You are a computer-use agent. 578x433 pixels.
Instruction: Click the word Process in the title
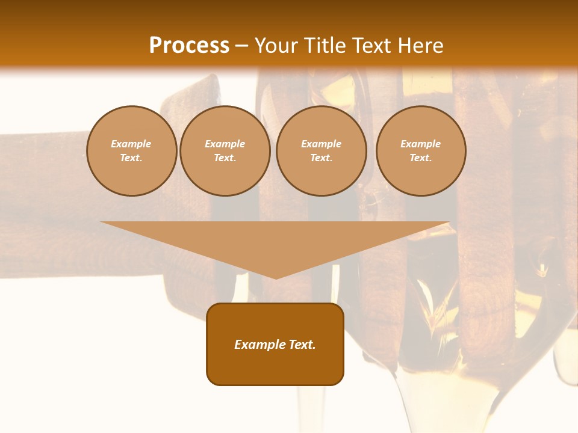(189, 46)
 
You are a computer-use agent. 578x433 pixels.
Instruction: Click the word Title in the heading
(325, 46)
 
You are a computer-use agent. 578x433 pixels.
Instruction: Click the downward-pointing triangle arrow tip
(276, 274)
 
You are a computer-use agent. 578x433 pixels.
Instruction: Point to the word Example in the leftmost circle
(131, 144)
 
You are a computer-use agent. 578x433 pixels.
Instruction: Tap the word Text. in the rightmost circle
(421, 158)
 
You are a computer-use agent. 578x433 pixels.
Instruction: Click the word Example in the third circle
(322, 144)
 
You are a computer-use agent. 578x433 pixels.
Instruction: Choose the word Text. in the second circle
(225, 158)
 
